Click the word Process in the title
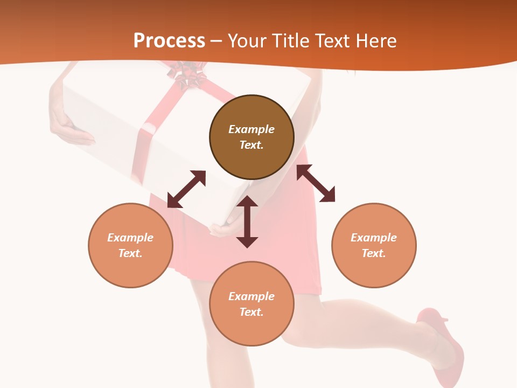point(169,40)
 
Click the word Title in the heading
point(291,40)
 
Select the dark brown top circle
point(251,137)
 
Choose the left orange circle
point(130,245)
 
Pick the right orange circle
point(374,245)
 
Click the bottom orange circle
point(251,303)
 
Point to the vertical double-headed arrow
point(247,221)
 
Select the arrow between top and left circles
point(186,189)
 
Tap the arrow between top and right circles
point(316,183)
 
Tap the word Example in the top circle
point(251,129)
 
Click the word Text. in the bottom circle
point(251,312)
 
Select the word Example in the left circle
point(130,238)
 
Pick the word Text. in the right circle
point(374,253)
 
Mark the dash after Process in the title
point(216,41)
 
